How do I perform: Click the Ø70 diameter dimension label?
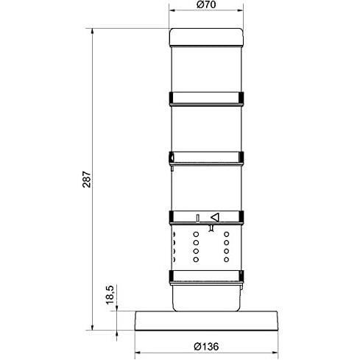pos(206,4)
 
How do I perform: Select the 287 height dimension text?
pos(87,180)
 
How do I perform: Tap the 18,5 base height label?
pos(110,294)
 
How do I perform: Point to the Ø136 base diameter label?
pos(206,347)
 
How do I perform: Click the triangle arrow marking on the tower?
pos(215,217)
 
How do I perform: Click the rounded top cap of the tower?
pos(206,38)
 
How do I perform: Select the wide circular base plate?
pos(206,321)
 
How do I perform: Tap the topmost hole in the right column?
pos(227,234)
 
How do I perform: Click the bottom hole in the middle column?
pos(196,259)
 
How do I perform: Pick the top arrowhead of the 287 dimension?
pos(92,31)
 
